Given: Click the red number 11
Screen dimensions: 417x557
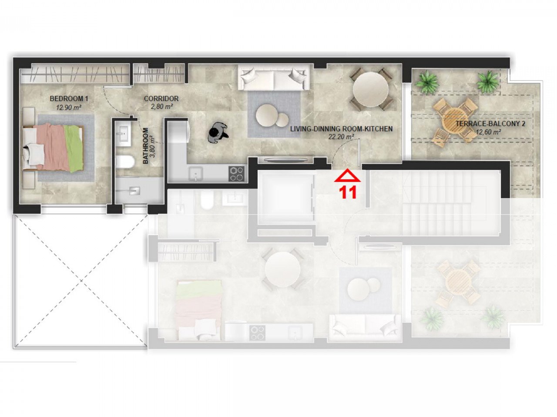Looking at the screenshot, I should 348,192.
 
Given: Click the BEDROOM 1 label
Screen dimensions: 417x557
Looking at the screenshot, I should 69,99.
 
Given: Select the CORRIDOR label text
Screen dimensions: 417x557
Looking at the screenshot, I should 161,99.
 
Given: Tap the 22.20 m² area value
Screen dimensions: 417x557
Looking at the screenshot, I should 341,136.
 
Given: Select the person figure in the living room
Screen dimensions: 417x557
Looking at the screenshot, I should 217,132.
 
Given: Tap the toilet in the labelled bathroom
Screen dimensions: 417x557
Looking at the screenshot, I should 124,162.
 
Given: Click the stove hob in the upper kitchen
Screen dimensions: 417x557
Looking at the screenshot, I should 237,174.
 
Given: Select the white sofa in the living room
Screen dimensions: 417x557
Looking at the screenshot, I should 274,77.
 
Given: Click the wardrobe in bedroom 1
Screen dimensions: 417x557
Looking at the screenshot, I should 76,73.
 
